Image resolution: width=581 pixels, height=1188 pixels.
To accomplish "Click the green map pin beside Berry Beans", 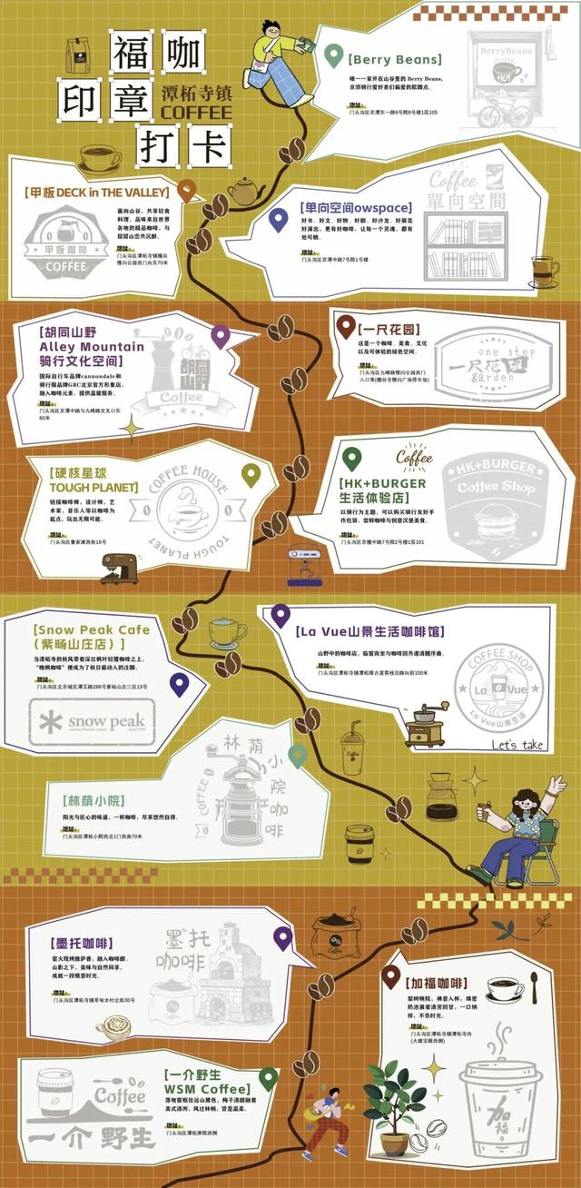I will tap(335, 54).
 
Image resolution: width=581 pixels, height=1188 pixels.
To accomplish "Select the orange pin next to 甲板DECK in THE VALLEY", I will tap(187, 191).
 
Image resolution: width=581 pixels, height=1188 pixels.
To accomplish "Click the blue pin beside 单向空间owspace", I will tap(279, 219).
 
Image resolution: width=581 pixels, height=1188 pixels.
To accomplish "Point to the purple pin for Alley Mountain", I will tap(220, 337).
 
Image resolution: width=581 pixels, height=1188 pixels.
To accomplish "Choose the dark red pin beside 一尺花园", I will tap(344, 327).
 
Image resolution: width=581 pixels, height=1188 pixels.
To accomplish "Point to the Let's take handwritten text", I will tap(517, 745).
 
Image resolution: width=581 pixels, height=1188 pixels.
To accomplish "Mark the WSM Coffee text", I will tap(206, 1089).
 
